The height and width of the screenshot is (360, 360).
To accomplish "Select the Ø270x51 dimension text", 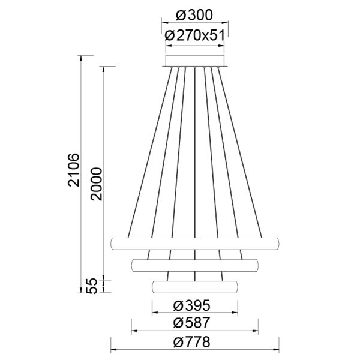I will [194, 35].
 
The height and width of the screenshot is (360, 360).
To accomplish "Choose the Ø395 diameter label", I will [194, 305].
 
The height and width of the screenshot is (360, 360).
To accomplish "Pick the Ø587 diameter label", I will [194, 323].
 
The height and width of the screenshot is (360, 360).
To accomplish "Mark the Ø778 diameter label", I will [194, 342].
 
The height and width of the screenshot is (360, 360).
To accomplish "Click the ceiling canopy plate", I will [195, 61].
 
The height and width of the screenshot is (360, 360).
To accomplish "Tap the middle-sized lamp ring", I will [195, 264].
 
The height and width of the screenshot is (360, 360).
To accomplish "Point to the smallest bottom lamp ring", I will [195, 286].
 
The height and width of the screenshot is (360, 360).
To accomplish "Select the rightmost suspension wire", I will [241, 150].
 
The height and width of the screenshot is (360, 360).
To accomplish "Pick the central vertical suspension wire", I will [195, 150].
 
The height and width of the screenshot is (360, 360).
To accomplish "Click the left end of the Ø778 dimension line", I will [112, 350].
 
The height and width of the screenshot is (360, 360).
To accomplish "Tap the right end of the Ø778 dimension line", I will [280, 350].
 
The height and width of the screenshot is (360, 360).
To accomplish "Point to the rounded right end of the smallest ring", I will [236, 286].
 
